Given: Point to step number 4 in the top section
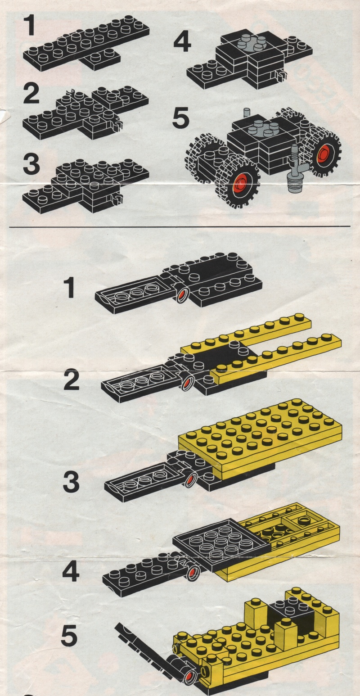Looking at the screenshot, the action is (x=182, y=43).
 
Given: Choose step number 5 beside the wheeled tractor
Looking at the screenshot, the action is (x=181, y=118).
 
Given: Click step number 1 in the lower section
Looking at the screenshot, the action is (x=70, y=288).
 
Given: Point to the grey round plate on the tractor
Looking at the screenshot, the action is (x=263, y=128).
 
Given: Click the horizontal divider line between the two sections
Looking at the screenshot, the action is (x=180, y=227).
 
